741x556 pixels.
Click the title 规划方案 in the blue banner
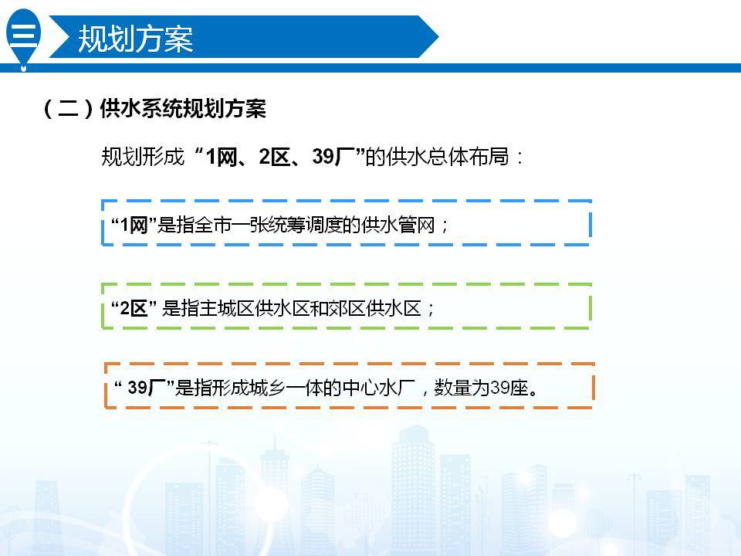136,39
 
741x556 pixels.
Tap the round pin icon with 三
23,38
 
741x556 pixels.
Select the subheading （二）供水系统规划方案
154,108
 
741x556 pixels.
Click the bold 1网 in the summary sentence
222,157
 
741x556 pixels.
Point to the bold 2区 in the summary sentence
275,157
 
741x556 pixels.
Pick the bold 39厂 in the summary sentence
333,157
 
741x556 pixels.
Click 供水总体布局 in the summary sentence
448,157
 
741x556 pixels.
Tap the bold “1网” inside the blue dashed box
134,225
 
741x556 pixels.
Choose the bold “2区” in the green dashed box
134,309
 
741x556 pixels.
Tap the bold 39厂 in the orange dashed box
147,388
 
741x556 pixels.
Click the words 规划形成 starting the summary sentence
142,157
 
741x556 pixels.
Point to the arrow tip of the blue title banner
438,36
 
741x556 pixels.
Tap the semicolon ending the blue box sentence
445,226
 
